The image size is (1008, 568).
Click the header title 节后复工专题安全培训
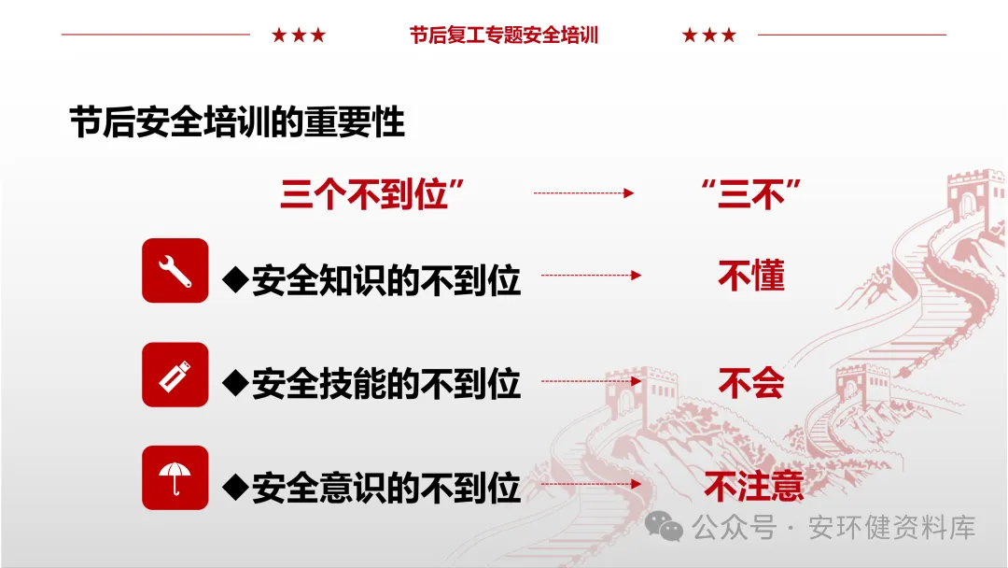click(x=504, y=35)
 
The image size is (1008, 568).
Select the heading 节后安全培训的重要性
click(x=237, y=122)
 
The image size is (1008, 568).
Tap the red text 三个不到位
click(x=372, y=193)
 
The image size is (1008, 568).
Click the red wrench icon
click(x=175, y=270)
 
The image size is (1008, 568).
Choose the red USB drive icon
click(x=175, y=375)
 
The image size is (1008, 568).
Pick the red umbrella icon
click(x=175, y=477)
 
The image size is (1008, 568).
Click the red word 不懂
click(x=751, y=276)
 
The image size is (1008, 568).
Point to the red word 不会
click(x=751, y=382)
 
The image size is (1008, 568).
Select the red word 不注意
click(x=754, y=486)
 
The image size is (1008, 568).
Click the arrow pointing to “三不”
click(x=583, y=193)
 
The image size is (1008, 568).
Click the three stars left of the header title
click(x=299, y=35)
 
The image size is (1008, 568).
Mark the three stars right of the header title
click(x=709, y=35)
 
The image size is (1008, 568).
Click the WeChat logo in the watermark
click(x=665, y=528)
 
